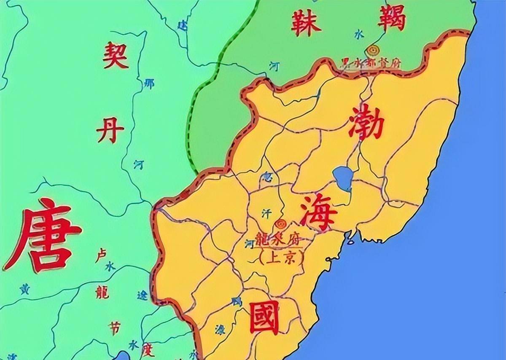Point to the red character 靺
pyautogui.click(x=306, y=22)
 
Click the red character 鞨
pyautogui.click(x=391, y=19)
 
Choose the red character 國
pyautogui.click(x=264, y=317)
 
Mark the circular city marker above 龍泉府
pyautogui.click(x=279, y=224)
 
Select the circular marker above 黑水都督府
pyautogui.click(x=372, y=50)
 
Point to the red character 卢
pyautogui.click(x=101, y=255)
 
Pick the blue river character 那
pyautogui.click(x=149, y=83)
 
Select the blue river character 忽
pyautogui.click(x=266, y=176)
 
